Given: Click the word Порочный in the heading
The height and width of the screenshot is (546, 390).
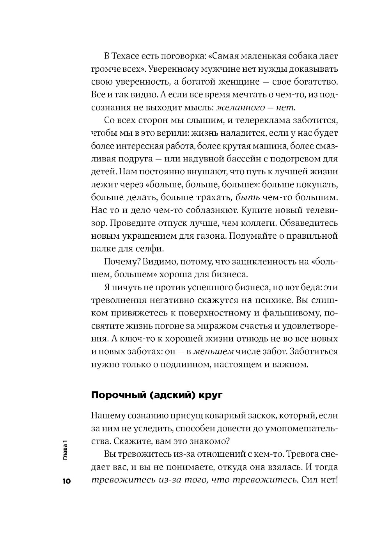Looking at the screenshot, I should tap(117, 395).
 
